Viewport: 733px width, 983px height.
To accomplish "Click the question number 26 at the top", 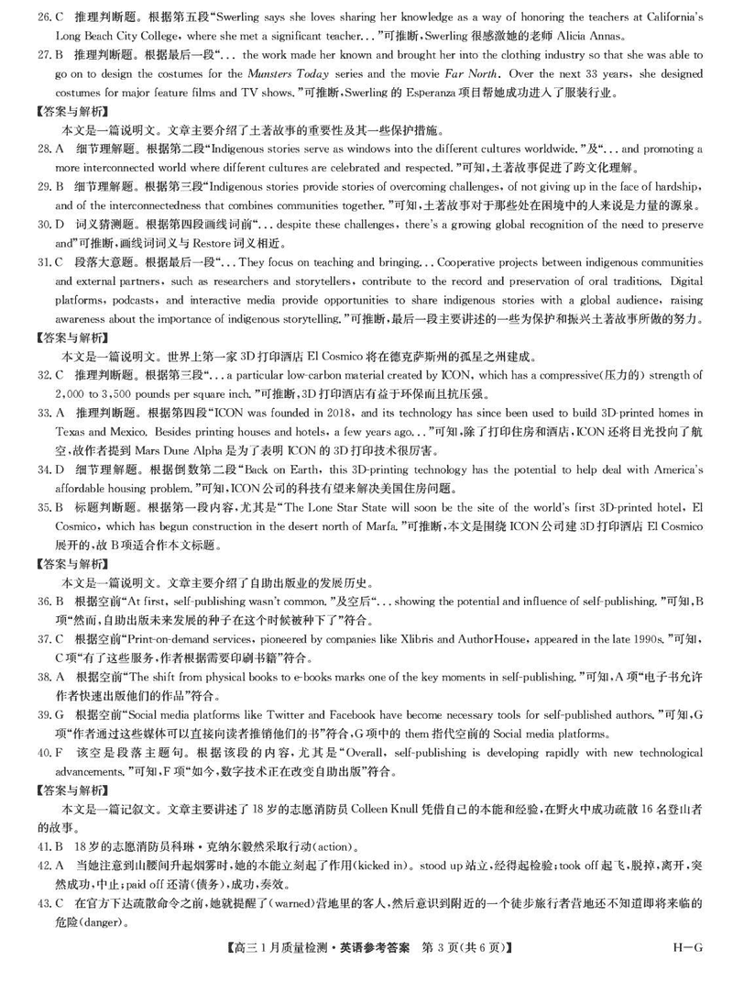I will (x=38, y=17).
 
